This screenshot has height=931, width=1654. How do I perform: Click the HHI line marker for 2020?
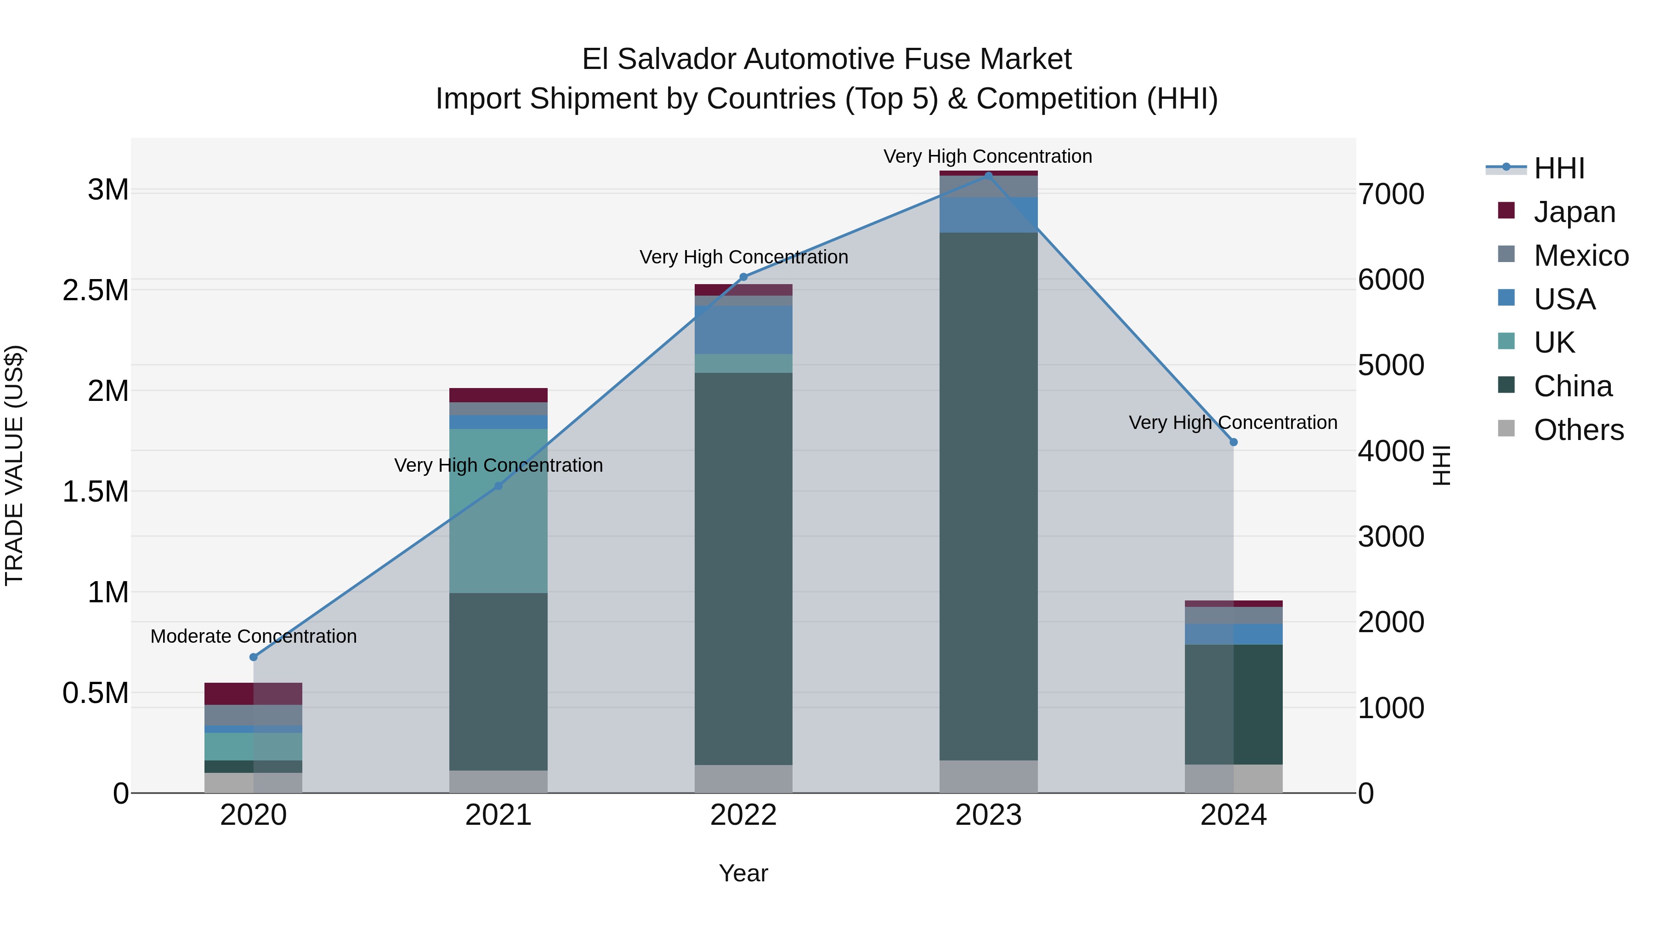pyautogui.click(x=253, y=657)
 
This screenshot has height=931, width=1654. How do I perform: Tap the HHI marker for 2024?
pyautogui.click(x=1234, y=442)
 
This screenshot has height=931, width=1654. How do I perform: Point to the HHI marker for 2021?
pyautogui.click(x=498, y=486)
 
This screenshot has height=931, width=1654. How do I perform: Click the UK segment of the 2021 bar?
pyautogui.click(x=498, y=511)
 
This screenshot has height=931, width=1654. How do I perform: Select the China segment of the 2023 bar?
pyautogui.click(x=988, y=496)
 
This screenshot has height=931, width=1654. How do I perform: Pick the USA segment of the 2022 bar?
pyautogui.click(x=743, y=330)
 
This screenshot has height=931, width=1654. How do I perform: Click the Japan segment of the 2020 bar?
pyautogui.click(x=253, y=693)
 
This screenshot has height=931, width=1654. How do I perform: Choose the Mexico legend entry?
pyautogui.click(x=1581, y=256)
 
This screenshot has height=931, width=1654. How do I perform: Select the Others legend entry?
pyautogui.click(x=1578, y=430)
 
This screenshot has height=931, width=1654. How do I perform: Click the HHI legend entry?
pyautogui.click(x=1559, y=168)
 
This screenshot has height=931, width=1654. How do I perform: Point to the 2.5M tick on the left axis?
pyautogui.click(x=95, y=291)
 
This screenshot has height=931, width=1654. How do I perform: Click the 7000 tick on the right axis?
pyautogui.click(x=1391, y=194)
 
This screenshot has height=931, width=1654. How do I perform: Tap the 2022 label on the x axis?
pyautogui.click(x=743, y=815)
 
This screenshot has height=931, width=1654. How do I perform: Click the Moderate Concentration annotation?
pyautogui.click(x=254, y=636)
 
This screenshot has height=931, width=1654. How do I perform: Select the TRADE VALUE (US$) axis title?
pyautogui.click(x=14, y=465)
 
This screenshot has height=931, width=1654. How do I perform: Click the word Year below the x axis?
pyautogui.click(x=743, y=873)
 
